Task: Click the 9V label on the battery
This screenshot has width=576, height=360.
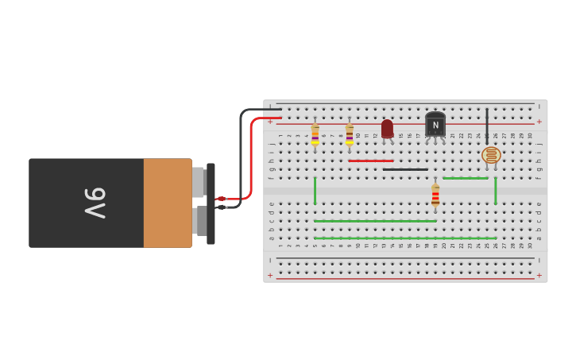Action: pos(95,203)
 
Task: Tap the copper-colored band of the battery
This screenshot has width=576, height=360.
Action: pos(168,203)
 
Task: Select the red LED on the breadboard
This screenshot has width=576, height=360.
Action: pos(387,128)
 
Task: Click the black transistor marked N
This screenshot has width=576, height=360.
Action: pos(435,124)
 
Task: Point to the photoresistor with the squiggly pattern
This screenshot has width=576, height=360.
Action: pos(491,155)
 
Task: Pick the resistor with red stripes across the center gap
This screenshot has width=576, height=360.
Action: pos(435,195)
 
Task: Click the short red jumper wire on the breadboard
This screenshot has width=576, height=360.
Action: pos(370,161)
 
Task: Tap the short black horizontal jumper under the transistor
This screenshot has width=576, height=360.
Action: pos(405,169)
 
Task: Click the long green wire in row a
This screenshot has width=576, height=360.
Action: pos(405,238)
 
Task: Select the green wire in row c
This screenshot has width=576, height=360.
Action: pos(375,221)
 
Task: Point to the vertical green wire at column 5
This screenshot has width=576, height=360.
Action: pos(315,191)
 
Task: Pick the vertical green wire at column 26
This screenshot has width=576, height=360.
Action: pos(496,191)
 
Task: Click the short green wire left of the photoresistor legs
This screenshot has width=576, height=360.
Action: pos(466,178)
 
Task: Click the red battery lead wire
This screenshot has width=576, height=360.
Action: pos(251,159)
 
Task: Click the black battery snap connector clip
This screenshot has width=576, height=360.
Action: pos(211,203)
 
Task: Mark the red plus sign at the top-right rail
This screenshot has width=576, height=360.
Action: pos(539,122)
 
